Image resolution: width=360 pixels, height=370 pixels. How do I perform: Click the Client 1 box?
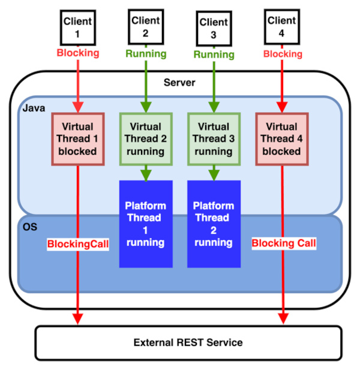(77, 28)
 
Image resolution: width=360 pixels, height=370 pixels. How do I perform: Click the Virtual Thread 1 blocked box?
(78, 139)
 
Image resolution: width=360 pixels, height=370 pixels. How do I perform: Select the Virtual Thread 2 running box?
(146, 139)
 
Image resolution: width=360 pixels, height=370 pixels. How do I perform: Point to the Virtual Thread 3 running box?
(214, 139)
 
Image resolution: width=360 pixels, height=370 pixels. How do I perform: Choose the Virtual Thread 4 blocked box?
(281, 139)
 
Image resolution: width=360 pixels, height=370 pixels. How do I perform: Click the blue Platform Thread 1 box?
(146, 224)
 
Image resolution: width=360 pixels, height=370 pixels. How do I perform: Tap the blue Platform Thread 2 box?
(214, 224)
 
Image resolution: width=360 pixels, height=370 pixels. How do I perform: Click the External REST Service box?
(188, 342)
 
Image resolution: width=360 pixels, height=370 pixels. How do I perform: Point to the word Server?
(179, 82)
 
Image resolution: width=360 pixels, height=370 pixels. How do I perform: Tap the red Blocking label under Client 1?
(77, 53)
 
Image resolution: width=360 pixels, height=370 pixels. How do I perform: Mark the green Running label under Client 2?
(146, 53)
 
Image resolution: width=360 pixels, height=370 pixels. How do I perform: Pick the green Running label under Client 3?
(214, 54)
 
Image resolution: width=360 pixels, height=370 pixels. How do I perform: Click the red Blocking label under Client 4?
(281, 54)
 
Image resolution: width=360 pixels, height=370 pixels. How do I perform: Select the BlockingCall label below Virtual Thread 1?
(78, 244)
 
